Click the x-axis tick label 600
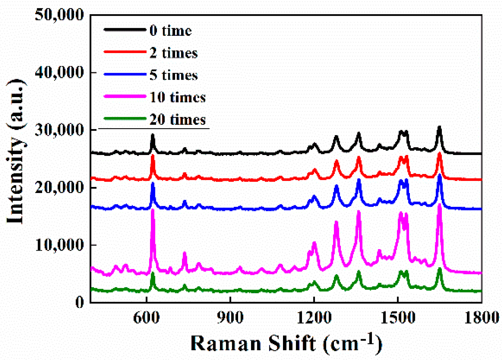click(146, 317)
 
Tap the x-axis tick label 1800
click(481, 317)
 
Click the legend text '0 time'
click(171, 31)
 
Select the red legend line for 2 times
click(125, 52)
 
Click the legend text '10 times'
click(178, 97)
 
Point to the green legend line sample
click(125, 119)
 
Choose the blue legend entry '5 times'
click(173, 75)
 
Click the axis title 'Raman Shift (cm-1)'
click(286, 343)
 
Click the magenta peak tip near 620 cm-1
click(153, 210)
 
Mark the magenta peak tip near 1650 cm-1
click(439, 205)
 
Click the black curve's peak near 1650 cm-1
click(439, 127)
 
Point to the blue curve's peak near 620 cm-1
click(153, 183)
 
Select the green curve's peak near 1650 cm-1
click(439, 269)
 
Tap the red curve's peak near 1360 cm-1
click(359, 157)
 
